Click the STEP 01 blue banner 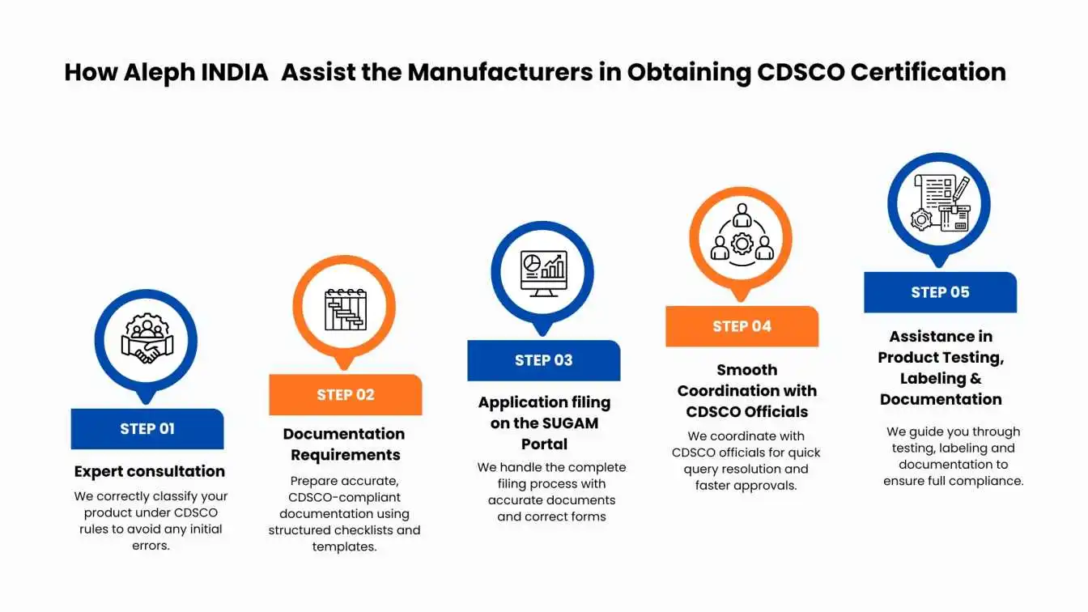click(x=147, y=429)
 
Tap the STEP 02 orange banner click(x=346, y=394)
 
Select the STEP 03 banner click(x=543, y=360)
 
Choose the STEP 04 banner click(x=742, y=326)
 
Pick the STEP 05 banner click(x=940, y=292)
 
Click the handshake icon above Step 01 click(x=147, y=338)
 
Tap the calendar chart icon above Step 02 click(x=346, y=309)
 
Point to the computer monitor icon click(x=543, y=274)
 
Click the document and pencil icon click(x=940, y=203)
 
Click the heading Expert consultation click(x=150, y=472)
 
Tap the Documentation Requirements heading click(x=344, y=444)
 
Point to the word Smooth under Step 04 click(x=747, y=370)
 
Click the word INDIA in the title click(x=234, y=72)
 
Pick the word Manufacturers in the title click(x=499, y=72)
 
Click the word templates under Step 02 click(x=344, y=547)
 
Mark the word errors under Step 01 click(x=151, y=546)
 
